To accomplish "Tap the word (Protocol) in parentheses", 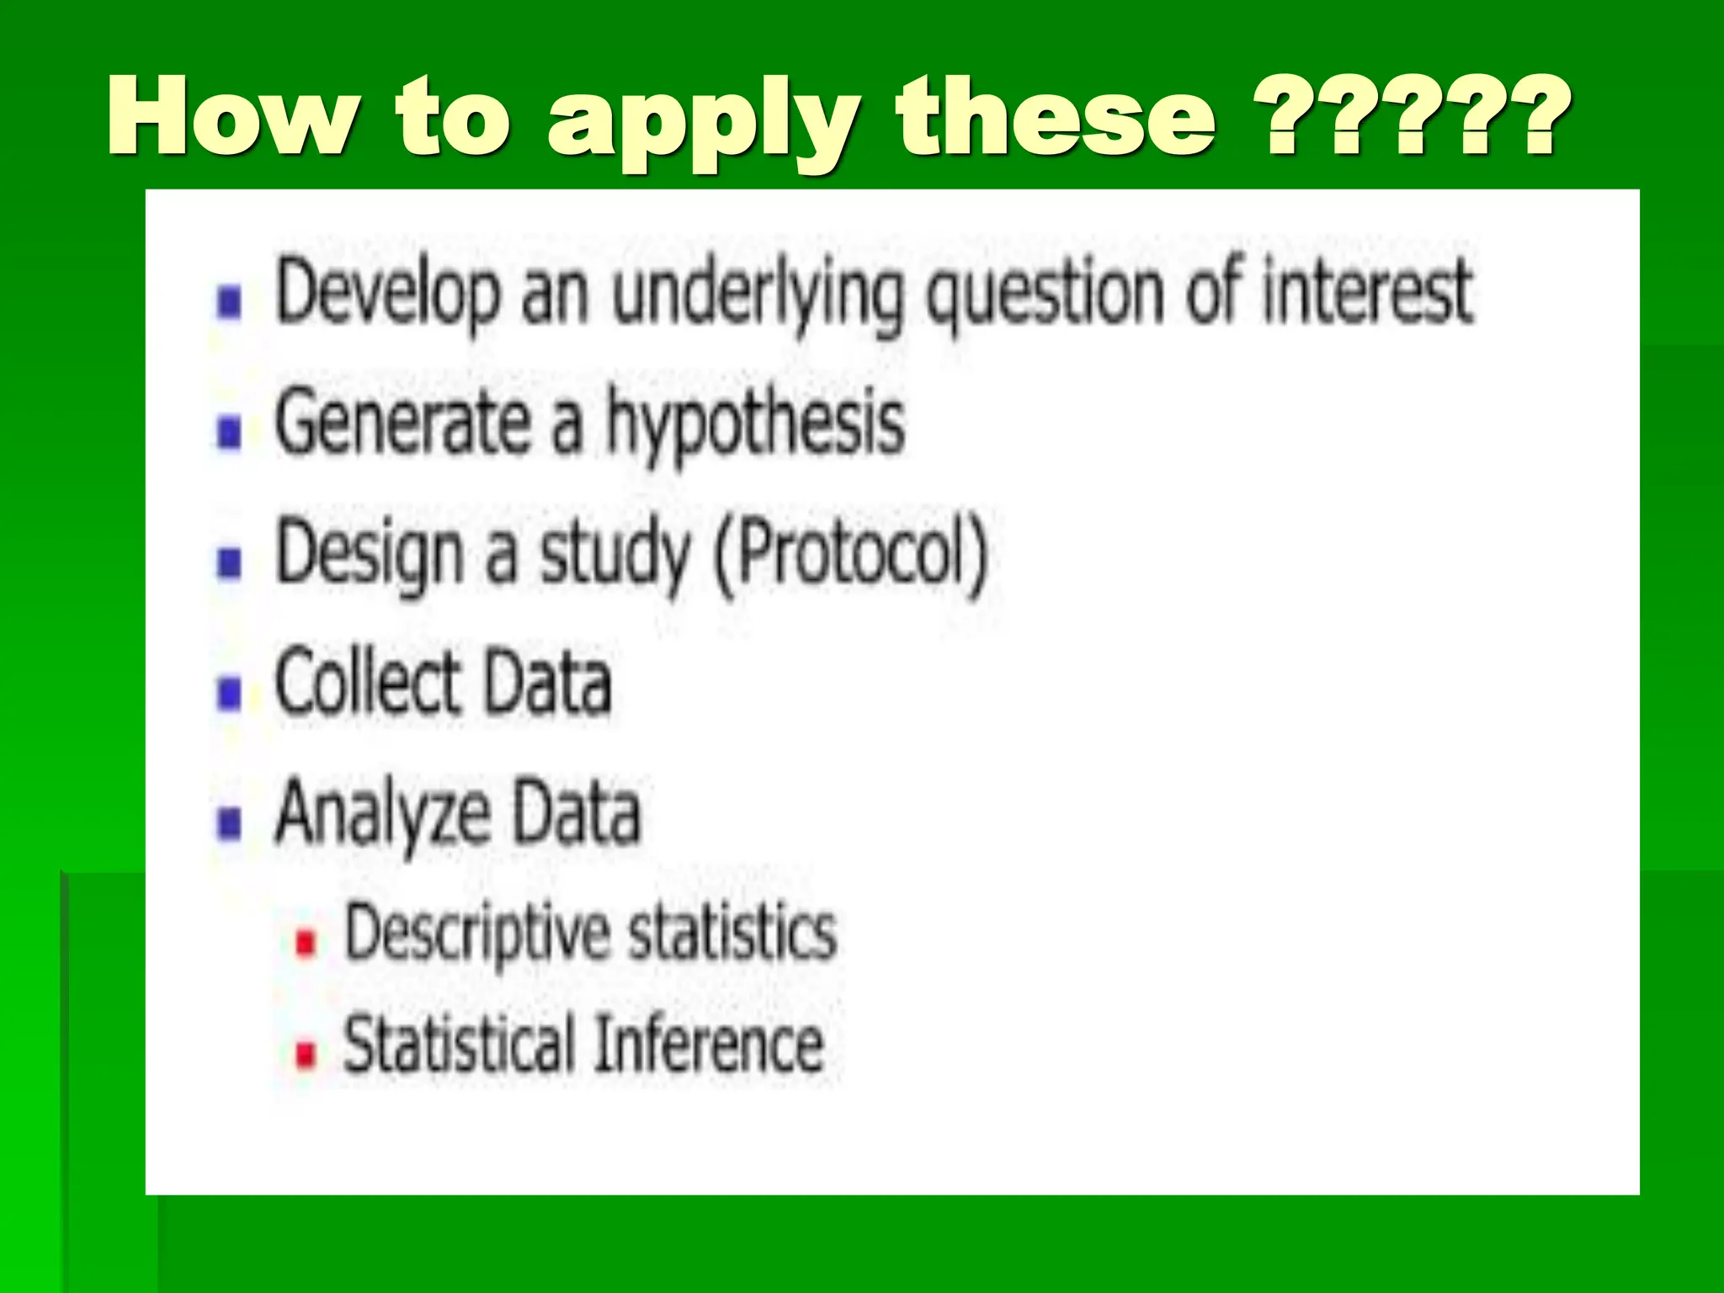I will [850, 556].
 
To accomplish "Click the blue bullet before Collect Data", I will [229, 694].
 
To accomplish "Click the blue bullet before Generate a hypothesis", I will [229, 433].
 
